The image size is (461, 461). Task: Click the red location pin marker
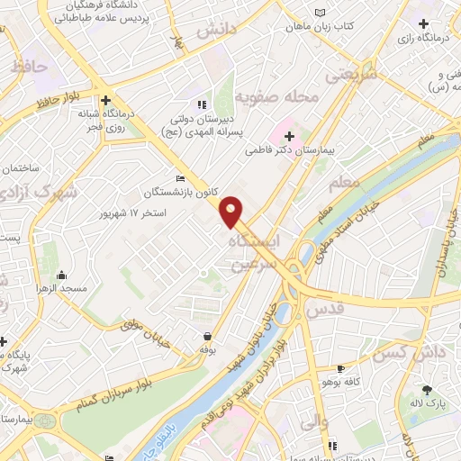231,210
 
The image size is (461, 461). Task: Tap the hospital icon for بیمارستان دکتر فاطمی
289,136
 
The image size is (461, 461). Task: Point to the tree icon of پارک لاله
427,390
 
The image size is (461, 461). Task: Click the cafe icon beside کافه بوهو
340,369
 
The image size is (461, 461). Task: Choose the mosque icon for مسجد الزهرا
61,276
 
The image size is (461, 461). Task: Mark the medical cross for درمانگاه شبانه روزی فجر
106,100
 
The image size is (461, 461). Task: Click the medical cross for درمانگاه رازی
423,22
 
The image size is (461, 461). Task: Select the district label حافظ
29,65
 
